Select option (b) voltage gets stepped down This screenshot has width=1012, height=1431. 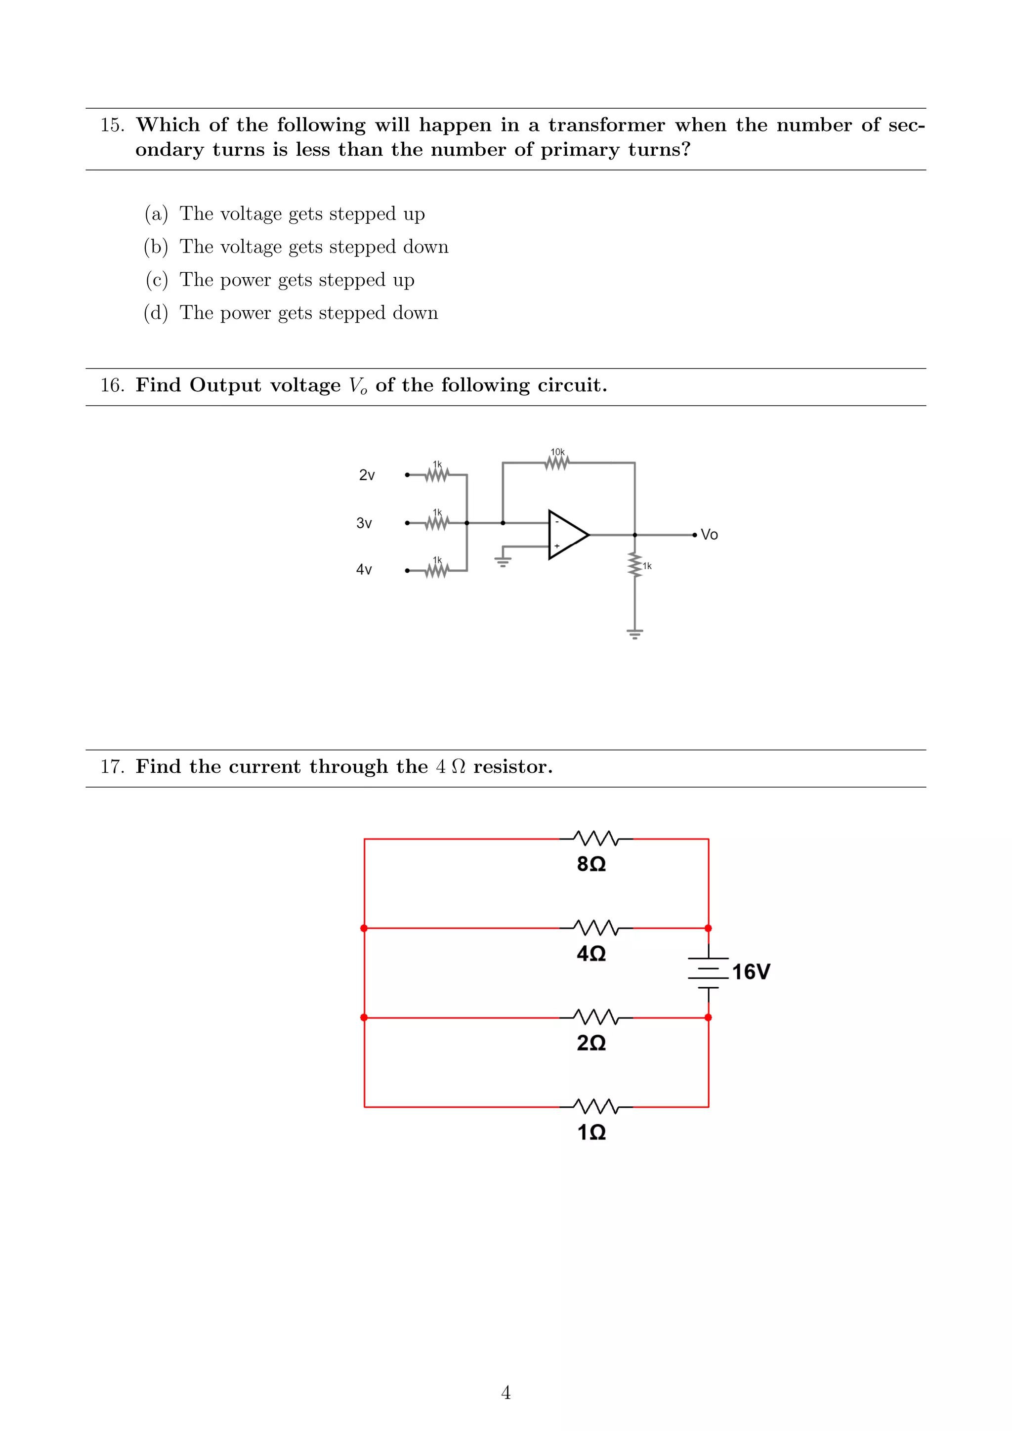point(313,247)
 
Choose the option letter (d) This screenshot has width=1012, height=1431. point(156,313)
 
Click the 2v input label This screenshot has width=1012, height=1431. point(367,475)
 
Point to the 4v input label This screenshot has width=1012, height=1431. point(364,570)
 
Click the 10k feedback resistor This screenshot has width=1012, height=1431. point(557,463)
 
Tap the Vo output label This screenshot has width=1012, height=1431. point(709,535)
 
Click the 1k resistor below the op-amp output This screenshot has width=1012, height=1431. point(635,565)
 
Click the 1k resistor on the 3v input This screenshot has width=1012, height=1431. point(437,522)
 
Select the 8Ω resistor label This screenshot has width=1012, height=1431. point(591,864)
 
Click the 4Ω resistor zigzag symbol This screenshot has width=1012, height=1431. point(596,927)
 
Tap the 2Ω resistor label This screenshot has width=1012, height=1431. point(591,1043)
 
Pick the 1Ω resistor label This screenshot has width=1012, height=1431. point(591,1133)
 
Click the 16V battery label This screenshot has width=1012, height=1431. point(751,971)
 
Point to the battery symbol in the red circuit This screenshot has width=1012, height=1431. point(709,972)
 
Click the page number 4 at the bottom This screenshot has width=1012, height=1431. point(506,1392)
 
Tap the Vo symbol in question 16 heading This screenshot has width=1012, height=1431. point(358,386)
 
